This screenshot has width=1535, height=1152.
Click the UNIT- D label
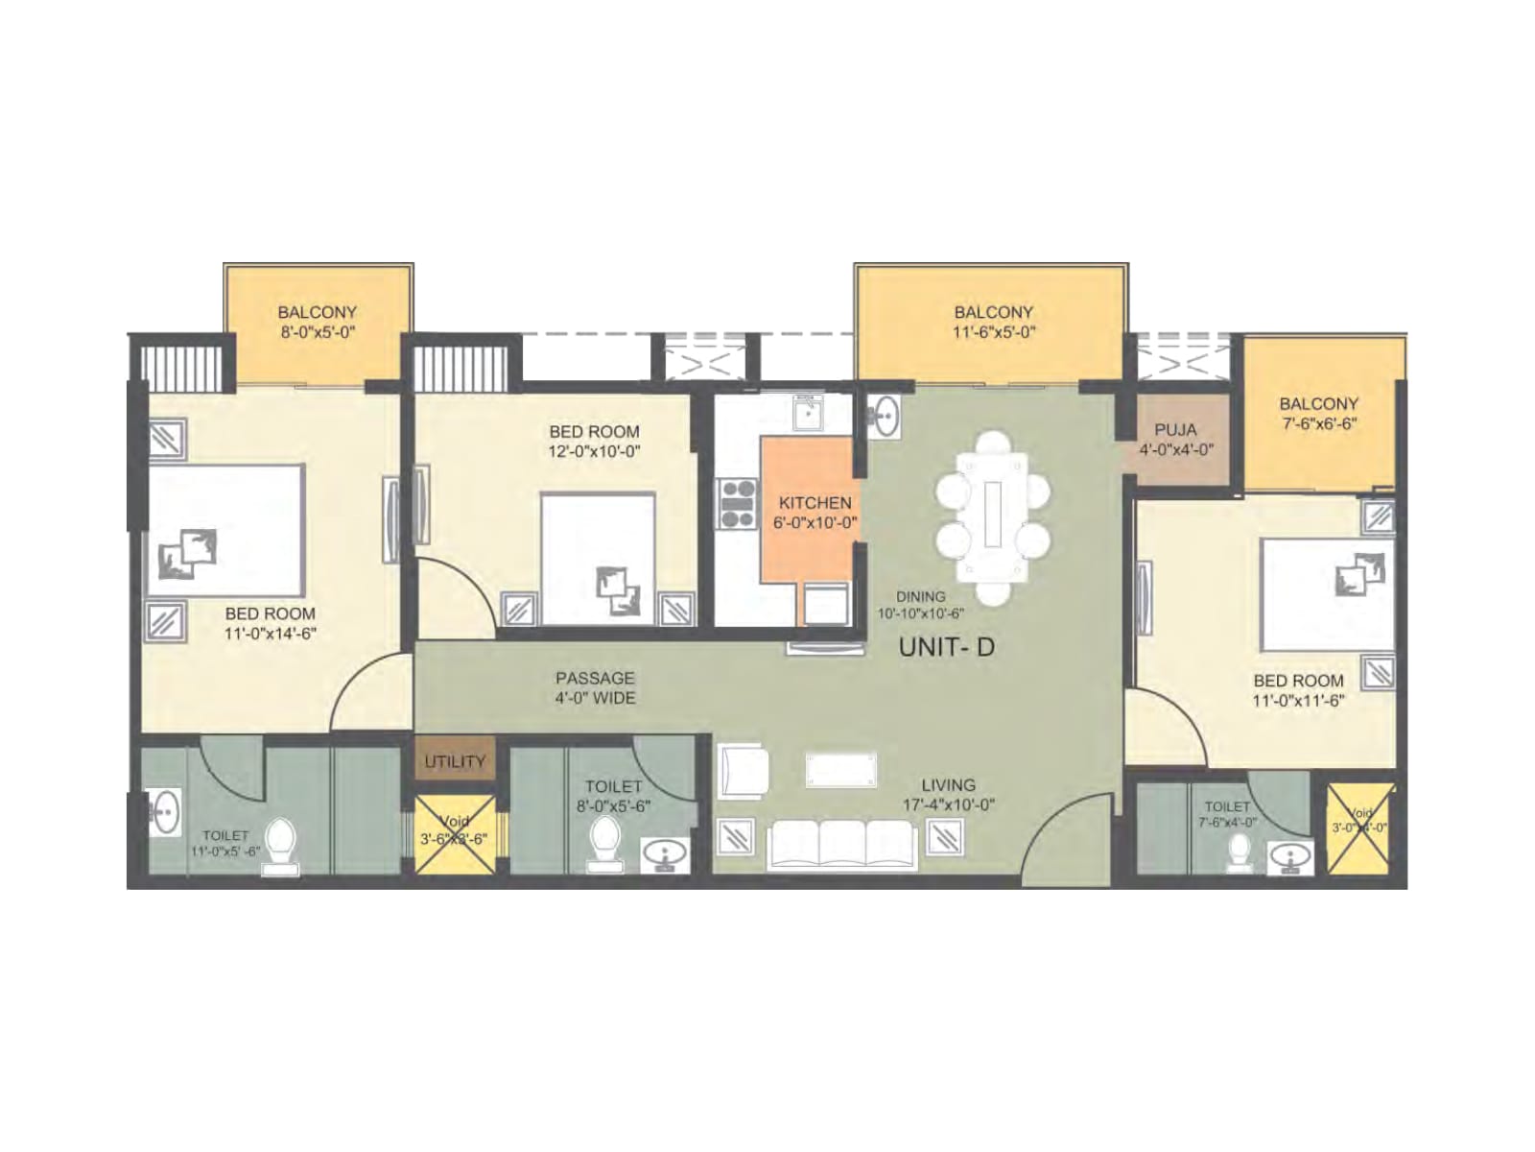pos(946,647)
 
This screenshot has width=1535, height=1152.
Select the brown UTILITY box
pos(455,761)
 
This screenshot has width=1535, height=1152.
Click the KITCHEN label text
pos(815,503)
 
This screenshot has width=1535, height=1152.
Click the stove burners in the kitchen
pos(738,504)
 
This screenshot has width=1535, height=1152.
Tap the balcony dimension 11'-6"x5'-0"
pos(993,332)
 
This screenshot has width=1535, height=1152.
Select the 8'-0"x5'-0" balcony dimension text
pos(317,332)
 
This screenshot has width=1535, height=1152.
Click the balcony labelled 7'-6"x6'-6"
pos(1318,414)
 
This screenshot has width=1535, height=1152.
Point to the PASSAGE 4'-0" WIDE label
pos(595,688)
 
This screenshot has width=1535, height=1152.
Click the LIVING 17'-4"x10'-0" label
pos(948,795)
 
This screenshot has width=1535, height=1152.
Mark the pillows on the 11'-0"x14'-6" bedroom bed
pos(190,554)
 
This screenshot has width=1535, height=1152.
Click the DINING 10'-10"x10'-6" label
pos(919,605)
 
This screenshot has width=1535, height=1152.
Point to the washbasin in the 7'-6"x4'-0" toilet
pos(1289,856)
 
